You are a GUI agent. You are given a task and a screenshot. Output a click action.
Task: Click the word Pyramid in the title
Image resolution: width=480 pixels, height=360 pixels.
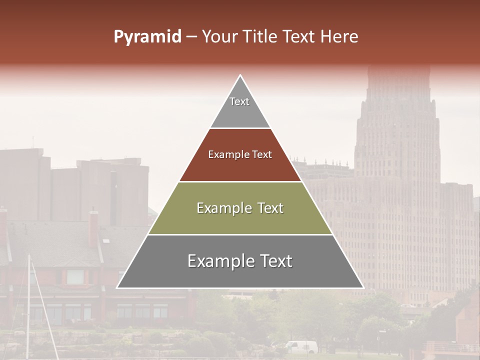click(x=147, y=37)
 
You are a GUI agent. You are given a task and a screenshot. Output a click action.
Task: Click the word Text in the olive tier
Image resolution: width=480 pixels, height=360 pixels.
click(x=267, y=208)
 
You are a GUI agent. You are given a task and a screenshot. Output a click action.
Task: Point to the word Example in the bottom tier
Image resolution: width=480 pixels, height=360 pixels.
click(x=219, y=261)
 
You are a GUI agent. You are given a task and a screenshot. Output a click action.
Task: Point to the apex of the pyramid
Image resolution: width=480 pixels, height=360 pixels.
click(x=240, y=75)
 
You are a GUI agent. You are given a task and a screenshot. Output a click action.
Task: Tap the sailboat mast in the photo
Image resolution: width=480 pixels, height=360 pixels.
click(x=28, y=300)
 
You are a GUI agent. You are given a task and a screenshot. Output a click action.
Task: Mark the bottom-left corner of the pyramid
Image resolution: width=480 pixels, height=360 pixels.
click(x=117, y=287)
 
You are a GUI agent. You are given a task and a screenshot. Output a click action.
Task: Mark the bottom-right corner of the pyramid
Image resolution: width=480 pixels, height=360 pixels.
click(x=363, y=287)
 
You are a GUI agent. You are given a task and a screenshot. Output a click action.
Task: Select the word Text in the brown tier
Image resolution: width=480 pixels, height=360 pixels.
click(x=261, y=155)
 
